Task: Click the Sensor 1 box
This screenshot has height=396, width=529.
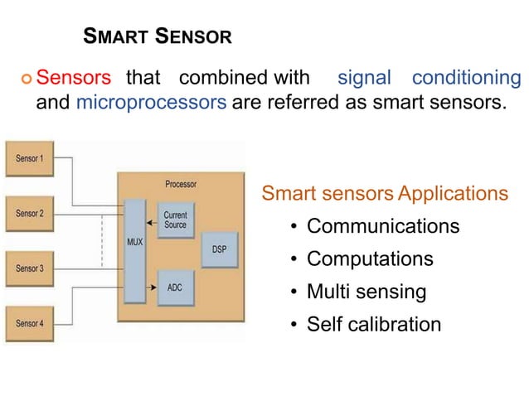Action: tap(31, 158)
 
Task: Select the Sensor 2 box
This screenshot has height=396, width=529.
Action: tap(31, 213)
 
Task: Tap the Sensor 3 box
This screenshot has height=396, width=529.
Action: tap(31, 268)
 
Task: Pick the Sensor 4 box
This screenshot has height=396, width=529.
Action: tap(31, 323)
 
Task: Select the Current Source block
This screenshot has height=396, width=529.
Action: tap(175, 220)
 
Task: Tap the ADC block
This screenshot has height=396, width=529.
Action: tap(175, 287)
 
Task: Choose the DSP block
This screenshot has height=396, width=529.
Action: tap(220, 250)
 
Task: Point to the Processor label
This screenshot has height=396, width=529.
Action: tap(180, 184)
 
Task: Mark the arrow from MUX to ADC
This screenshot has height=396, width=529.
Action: tap(151, 287)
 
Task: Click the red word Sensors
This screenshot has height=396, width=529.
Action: tap(75, 79)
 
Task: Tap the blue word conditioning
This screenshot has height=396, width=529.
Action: tap(466, 79)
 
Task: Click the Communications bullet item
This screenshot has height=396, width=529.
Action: tap(382, 226)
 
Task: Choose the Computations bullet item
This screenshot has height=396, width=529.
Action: tap(370, 259)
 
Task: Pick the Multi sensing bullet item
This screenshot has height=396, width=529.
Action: tap(366, 292)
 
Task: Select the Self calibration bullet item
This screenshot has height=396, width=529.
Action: tap(374, 324)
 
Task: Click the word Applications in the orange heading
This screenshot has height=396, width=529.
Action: tap(453, 194)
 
